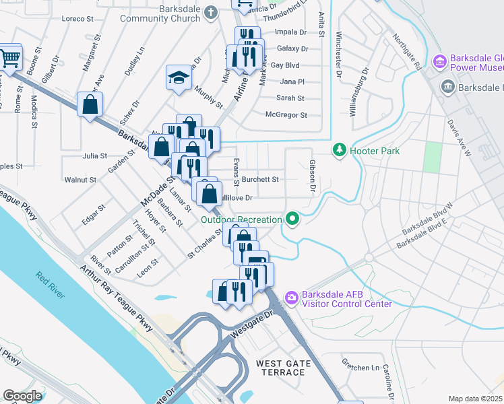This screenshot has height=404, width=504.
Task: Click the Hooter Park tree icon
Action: [x=341, y=150]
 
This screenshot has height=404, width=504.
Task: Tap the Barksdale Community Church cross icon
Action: [x=211, y=13]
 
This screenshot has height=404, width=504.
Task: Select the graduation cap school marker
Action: [x=179, y=77]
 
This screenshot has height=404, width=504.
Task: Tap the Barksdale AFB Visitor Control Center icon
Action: [x=292, y=297]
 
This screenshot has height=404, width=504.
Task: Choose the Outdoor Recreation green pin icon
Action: [x=292, y=219]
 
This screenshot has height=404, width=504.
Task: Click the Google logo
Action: [x=22, y=395]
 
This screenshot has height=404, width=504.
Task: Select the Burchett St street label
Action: [x=261, y=180]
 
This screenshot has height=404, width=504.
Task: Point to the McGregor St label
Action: [x=286, y=115]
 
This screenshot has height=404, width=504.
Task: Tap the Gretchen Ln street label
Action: [x=360, y=368]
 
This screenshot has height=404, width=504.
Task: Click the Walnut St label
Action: [x=80, y=180]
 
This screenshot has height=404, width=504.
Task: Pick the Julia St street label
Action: [x=94, y=156]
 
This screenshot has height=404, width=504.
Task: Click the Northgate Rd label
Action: [x=407, y=53]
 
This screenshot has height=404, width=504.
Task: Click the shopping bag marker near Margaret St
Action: [x=90, y=106]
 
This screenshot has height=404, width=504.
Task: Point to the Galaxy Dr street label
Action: [x=292, y=48]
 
